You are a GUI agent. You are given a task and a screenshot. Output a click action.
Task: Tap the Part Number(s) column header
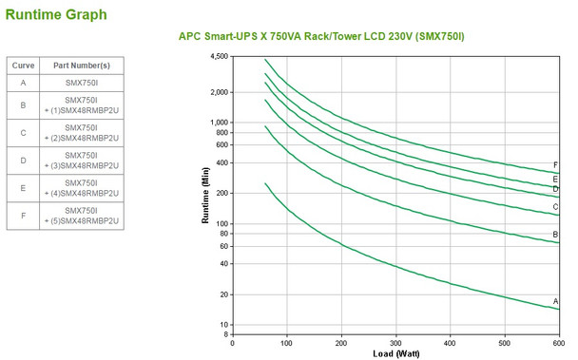81,65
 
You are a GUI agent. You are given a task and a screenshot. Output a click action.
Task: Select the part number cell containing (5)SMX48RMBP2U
81,215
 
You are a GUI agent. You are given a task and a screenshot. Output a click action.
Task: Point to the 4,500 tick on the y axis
219,57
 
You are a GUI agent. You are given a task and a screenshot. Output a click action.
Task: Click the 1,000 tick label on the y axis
219,123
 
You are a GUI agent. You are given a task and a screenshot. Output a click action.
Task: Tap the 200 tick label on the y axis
222,193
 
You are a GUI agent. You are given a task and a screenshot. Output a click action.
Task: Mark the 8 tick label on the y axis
226,334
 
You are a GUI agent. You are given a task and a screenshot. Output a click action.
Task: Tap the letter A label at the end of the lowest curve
555,301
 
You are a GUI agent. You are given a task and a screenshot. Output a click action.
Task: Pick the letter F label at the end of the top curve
555,165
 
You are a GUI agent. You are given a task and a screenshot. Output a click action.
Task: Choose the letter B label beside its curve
555,234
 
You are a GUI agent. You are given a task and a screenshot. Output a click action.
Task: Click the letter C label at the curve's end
555,207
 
